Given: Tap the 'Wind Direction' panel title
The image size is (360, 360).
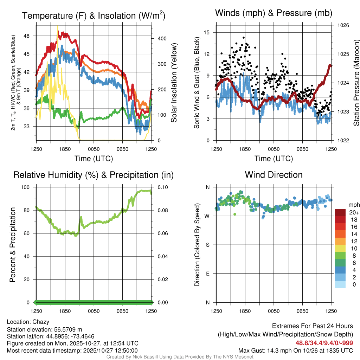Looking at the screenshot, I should [274, 175].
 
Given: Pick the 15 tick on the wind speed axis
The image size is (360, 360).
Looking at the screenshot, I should [207, 32].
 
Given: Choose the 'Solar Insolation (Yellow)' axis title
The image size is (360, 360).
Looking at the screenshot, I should [174, 83].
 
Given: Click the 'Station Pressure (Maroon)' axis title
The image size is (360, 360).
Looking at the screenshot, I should [356, 83].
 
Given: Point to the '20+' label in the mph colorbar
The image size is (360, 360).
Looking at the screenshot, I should [353, 213].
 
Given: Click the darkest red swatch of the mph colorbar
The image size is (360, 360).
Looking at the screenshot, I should [340, 212].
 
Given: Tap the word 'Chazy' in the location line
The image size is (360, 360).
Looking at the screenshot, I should [41, 322].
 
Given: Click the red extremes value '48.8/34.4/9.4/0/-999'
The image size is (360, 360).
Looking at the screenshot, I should [324, 343].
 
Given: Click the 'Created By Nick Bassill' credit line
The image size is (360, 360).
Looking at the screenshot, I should [180, 357].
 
